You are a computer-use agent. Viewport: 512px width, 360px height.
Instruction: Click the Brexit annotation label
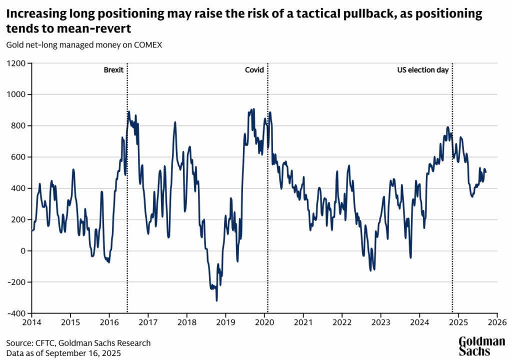tap(113, 70)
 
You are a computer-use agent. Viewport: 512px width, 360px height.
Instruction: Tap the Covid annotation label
tap(254, 70)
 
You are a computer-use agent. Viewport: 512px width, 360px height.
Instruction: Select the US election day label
tap(422, 70)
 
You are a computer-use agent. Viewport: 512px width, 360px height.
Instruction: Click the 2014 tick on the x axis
tap(31, 323)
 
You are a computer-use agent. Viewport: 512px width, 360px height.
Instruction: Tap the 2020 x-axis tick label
tap(264, 323)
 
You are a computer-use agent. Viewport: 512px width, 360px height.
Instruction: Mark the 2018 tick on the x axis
tap(186, 323)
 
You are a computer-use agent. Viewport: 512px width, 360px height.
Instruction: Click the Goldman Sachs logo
tap(482, 346)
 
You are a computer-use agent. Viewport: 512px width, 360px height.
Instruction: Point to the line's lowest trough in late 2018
tap(216, 300)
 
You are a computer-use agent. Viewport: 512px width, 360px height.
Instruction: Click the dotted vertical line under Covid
tap(267, 200)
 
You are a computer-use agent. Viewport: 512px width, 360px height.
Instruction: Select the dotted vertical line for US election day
tap(452, 200)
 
